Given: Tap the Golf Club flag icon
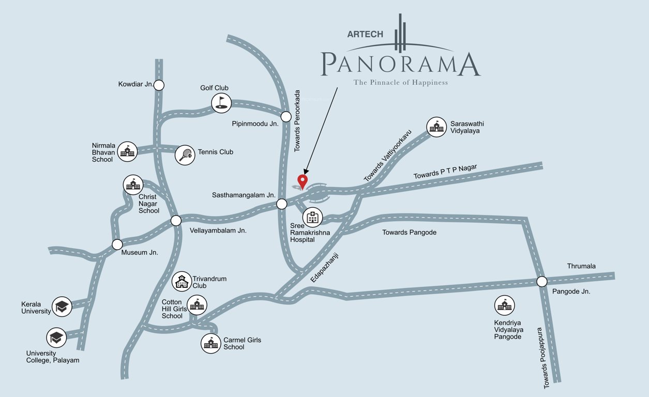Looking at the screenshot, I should click(221, 103).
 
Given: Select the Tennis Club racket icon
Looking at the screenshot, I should click(185, 155).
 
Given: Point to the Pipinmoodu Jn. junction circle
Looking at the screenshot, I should click(285, 116).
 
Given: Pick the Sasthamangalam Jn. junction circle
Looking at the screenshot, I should click(282, 204).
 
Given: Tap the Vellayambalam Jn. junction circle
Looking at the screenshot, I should click(176, 221).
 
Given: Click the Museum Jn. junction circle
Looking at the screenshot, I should click(117, 245).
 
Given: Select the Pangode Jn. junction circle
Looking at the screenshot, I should click(541, 282).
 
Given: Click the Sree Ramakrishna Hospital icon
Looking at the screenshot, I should click(312, 217).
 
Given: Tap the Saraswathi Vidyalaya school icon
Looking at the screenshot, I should click(436, 127).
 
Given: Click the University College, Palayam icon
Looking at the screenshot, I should click(56, 338).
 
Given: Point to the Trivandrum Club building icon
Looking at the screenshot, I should click(182, 282).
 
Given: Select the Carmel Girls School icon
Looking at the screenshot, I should click(211, 343).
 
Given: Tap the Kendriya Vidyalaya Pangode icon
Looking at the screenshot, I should click(504, 306).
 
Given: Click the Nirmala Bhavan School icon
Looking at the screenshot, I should click(127, 151).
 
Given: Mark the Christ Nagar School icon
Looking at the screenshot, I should click(133, 185).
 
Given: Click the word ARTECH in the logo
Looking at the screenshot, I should click(365, 34).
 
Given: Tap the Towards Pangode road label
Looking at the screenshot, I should click(409, 233).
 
